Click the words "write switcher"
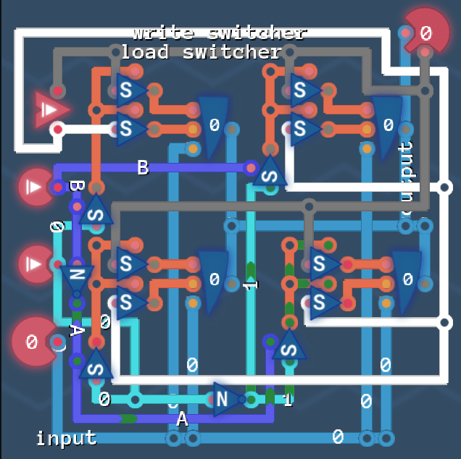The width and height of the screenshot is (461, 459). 220,33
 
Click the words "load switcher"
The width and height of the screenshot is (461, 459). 201,52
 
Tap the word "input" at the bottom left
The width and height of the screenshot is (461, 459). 66,437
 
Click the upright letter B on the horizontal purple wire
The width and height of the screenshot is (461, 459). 143,168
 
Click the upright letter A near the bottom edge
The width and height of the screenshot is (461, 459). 182,418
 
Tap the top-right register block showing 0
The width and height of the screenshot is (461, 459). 388,125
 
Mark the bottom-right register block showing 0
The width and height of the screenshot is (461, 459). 407,279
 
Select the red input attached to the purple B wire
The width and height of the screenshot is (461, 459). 36,187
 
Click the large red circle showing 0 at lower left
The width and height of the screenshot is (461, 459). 33,342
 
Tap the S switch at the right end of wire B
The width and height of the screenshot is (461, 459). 270,174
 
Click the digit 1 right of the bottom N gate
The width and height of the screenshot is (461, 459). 288,400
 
